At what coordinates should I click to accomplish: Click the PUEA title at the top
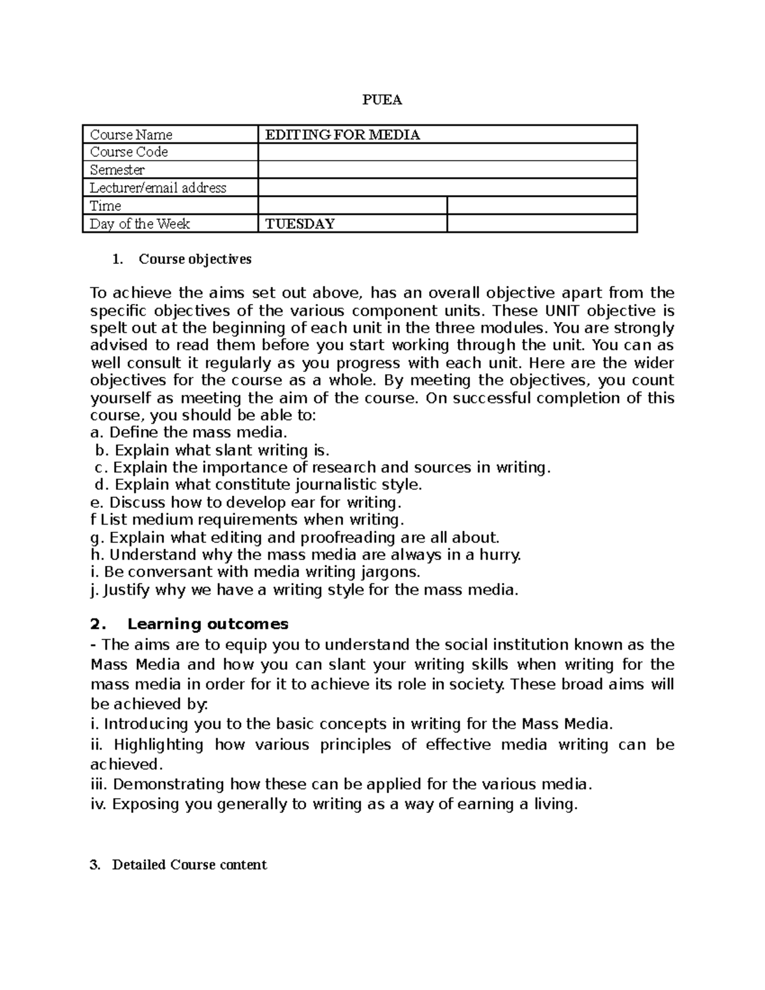[x=382, y=100]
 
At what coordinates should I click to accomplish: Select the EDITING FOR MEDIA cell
[x=342, y=135]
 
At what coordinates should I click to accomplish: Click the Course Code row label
[x=129, y=152]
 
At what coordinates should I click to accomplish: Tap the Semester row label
[x=117, y=170]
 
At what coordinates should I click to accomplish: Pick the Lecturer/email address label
[x=158, y=187]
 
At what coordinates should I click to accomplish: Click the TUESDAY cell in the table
[x=300, y=224]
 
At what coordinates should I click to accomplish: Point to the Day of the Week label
[x=140, y=224]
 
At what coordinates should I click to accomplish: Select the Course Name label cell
[x=131, y=135]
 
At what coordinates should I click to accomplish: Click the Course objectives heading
[x=195, y=259]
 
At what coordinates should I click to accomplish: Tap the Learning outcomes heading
[x=208, y=623]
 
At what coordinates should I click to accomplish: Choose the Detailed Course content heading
[x=189, y=864]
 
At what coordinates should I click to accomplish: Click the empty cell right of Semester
[x=448, y=170]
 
